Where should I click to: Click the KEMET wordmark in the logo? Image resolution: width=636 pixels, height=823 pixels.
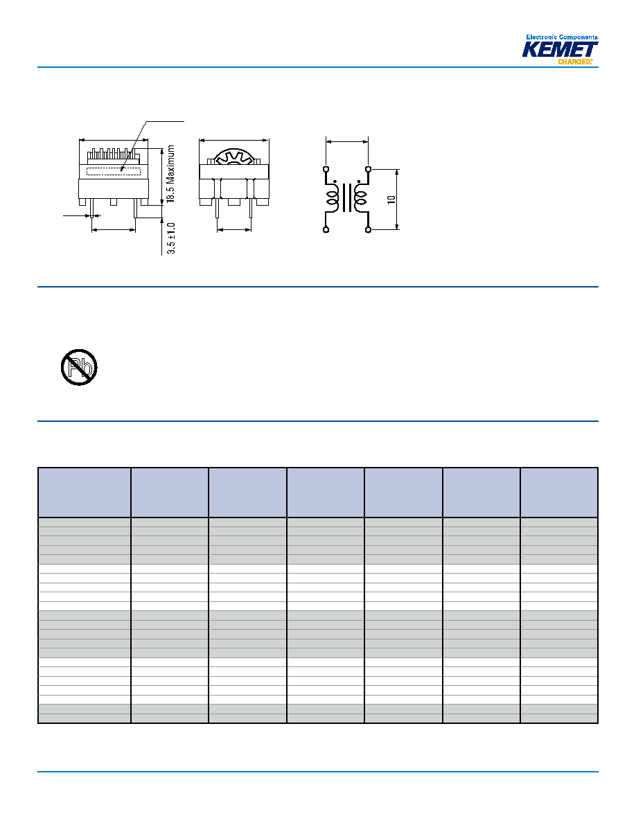560,49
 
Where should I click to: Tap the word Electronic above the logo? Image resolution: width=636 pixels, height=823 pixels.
542,37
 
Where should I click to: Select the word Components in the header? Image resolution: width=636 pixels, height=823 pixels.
578,37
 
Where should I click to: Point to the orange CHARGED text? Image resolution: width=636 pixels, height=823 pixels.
574,62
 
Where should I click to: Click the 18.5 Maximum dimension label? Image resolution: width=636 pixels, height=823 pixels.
170,175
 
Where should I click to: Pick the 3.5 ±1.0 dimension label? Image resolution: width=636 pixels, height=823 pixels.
171,238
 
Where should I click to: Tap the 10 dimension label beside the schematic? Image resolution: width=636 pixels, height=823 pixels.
391,200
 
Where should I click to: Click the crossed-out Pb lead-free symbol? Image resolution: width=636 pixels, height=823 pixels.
79,367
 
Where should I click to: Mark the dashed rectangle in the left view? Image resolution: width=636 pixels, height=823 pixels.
114,170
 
